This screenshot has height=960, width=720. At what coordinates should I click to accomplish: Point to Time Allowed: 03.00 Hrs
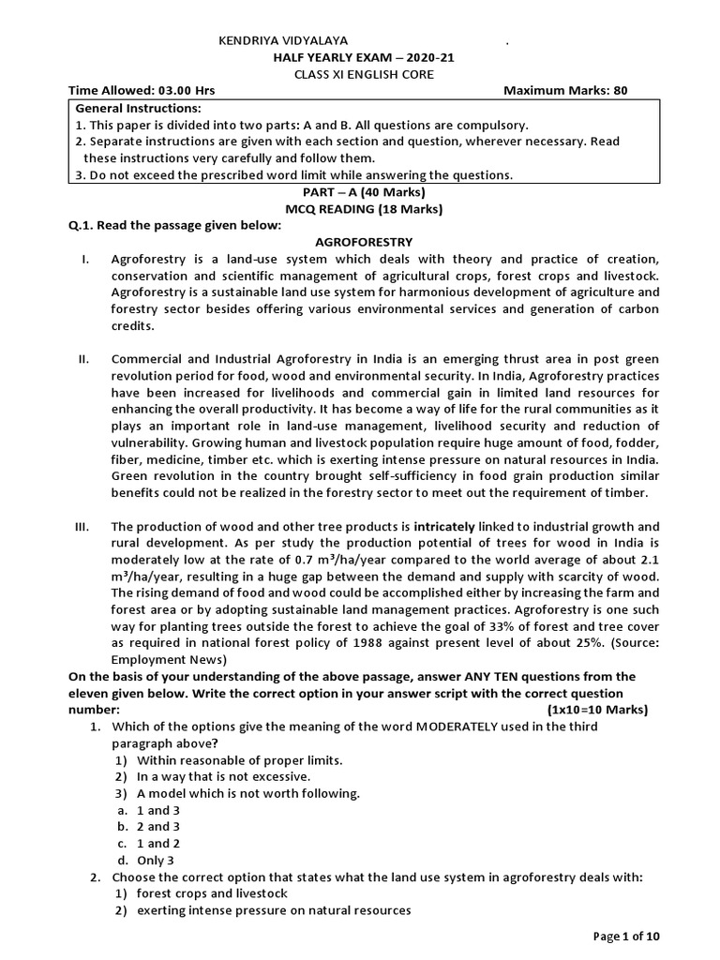pyautogui.click(x=142, y=91)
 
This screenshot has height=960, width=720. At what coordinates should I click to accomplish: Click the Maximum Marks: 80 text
pyautogui.click(x=565, y=91)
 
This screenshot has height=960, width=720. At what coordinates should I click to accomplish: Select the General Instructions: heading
pyautogui.click(x=138, y=109)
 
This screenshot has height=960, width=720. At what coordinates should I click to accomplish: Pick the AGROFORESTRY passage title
pyautogui.click(x=365, y=242)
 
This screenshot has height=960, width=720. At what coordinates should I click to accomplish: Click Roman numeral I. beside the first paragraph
pyautogui.click(x=86, y=259)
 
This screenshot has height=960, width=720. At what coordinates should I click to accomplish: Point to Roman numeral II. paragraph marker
pyautogui.click(x=84, y=360)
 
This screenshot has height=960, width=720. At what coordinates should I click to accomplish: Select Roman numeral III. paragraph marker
pyautogui.click(x=82, y=527)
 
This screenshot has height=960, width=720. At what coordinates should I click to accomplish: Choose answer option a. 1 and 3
pyautogui.click(x=147, y=810)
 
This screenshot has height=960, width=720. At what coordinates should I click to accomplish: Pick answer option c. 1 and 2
pyautogui.click(x=147, y=844)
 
